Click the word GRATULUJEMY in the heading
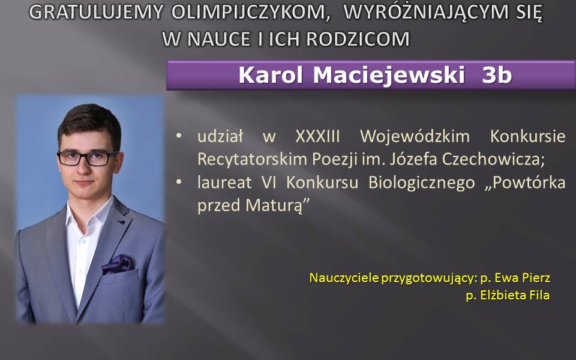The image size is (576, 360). [96, 12]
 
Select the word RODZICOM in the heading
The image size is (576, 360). [358, 39]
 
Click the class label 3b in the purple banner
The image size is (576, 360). [497, 75]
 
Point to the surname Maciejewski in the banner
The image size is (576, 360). [389, 76]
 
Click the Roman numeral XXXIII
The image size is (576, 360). [318, 136]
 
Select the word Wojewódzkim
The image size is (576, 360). [415, 136]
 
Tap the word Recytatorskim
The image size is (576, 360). [251, 160]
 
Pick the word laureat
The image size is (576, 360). [224, 182]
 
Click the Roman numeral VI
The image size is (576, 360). [269, 182]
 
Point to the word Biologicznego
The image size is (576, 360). [421, 183]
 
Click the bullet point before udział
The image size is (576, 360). [179, 136]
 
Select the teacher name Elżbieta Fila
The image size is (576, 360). [515, 295]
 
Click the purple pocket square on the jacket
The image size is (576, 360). [118, 264]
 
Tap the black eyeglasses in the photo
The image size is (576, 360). [88, 158]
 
